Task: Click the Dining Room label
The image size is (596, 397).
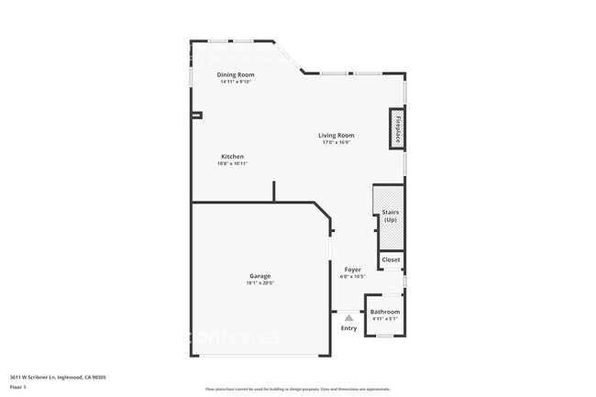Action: point(235,74)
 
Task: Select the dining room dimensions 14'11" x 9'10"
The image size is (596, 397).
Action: point(235,82)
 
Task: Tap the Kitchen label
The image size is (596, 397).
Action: point(232,156)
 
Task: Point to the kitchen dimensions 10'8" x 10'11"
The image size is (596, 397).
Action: point(232,163)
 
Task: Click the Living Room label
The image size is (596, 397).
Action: point(337,135)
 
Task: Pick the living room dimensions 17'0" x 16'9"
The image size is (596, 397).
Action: point(337,142)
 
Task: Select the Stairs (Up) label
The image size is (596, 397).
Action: point(390,215)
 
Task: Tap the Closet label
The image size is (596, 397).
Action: point(391,259)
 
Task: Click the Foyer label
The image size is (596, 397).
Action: point(352,270)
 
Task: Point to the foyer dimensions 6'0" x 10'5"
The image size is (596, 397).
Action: point(352,277)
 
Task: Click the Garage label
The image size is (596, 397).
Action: point(259,275)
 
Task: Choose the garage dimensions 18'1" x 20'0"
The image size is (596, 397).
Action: point(259,282)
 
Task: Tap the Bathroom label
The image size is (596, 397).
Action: point(384,312)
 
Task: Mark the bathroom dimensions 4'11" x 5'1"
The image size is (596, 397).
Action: point(384,319)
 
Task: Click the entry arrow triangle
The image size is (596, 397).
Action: point(348,317)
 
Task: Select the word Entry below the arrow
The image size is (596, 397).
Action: point(348,327)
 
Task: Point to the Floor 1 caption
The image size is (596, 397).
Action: point(18,387)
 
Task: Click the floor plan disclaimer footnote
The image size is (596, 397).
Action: point(298,389)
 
